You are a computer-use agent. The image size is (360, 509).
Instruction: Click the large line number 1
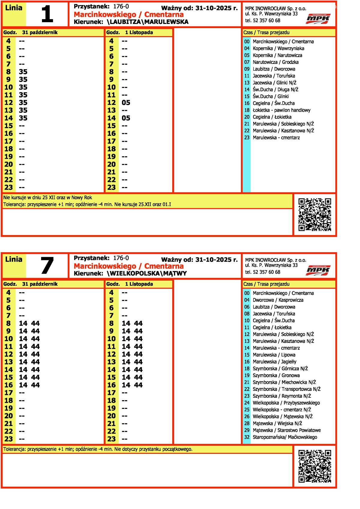pos(47,14)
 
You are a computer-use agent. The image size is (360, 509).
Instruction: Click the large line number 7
pos(47,266)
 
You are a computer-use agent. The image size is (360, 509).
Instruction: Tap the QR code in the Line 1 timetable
pos(315,215)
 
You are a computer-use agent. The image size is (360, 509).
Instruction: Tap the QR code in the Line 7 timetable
pos(315,466)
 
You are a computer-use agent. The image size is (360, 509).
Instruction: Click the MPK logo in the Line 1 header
pos(318,19)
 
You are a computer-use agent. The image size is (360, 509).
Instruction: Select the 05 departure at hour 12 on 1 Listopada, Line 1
pos(126,103)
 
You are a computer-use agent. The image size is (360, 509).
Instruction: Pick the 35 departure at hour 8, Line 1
pos(23,72)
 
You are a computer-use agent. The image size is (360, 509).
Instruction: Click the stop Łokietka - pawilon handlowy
pos(281,110)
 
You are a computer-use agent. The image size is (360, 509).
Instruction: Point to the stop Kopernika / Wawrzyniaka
pos(278,49)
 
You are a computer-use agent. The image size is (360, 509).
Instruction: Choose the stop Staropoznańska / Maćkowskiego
pos(285,437)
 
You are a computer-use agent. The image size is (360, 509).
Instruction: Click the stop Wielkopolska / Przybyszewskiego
pos(286,403)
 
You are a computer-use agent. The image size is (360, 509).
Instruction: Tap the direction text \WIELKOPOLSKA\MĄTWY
pos(147,273)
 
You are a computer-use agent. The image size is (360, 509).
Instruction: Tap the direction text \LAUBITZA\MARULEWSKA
pos(148,22)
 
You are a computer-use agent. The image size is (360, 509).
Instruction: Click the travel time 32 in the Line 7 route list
pos(247,437)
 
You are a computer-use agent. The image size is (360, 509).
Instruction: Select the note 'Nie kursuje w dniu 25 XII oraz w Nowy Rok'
pos(48,198)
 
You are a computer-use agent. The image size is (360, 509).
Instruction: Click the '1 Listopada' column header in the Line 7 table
pos(139,284)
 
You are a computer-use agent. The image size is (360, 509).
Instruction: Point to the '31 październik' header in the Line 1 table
pos(40,32)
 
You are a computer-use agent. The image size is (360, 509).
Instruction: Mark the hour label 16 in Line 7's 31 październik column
pos(8,385)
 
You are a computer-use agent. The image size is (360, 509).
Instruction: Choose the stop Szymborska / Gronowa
pos(276,375)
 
